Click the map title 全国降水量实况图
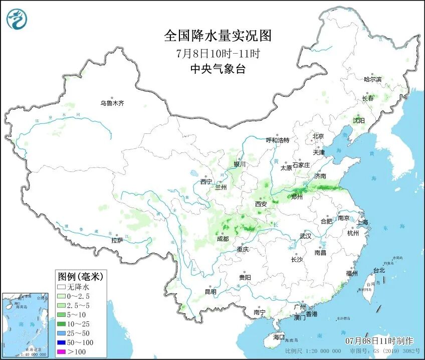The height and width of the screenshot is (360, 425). (x=218, y=36)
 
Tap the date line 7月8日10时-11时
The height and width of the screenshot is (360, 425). (x=218, y=53)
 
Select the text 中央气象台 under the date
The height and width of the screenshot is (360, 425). (x=218, y=69)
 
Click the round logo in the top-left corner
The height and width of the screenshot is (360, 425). (x=17, y=19)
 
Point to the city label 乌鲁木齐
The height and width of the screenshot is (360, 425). (x=111, y=103)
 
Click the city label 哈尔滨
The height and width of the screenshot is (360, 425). (x=372, y=79)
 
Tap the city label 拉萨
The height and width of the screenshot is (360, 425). (x=117, y=240)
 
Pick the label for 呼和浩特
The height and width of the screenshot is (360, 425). (x=278, y=140)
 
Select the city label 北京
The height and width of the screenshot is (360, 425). (x=318, y=136)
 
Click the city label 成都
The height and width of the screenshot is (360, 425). (x=223, y=239)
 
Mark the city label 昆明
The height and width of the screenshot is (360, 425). (x=210, y=292)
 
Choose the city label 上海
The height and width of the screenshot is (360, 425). (x=362, y=222)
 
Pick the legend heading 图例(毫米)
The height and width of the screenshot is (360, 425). (x=80, y=276)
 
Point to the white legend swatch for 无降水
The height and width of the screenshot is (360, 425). (x=62, y=287)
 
